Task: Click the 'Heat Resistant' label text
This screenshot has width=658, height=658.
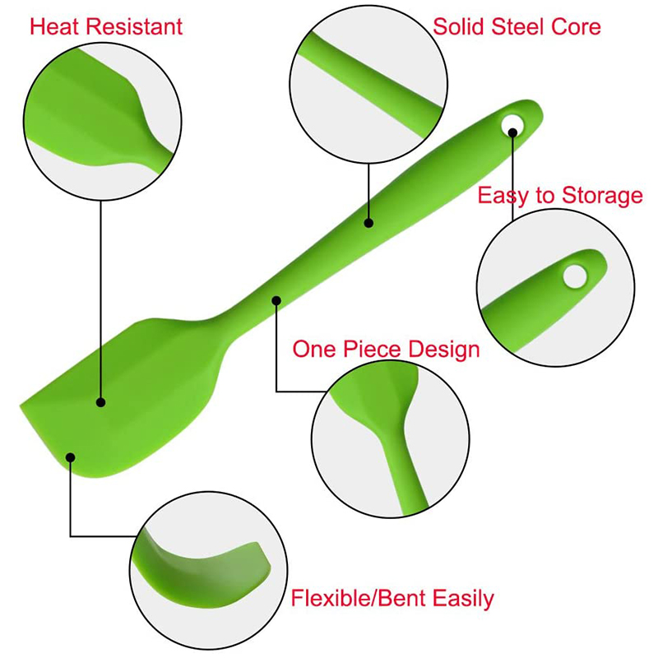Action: click(106, 25)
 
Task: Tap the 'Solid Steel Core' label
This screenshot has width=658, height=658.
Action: click(517, 25)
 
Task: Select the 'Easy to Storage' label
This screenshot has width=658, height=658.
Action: click(559, 196)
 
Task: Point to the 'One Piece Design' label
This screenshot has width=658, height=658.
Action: click(386, 349)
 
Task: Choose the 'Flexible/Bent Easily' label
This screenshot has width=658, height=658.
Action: click(392, 598)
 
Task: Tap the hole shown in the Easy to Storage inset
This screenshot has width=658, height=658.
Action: click(575, 276)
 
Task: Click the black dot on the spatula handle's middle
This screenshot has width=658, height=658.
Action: click(368, 222)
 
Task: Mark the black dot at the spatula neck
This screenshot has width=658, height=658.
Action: click(276, 301)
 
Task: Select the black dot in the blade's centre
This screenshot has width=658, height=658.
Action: click(101, 402)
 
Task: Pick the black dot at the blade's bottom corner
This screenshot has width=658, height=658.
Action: click(71, 457)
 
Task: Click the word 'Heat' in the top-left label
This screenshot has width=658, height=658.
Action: click(53, 25)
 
